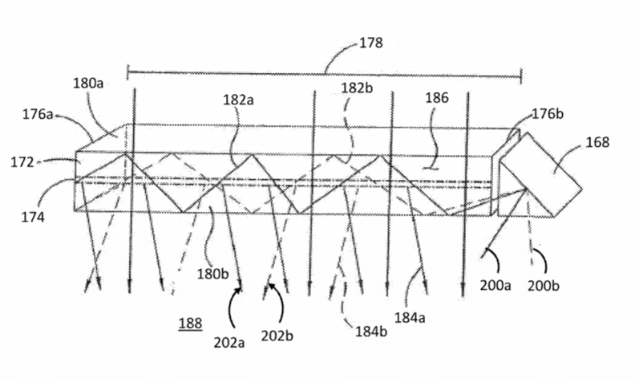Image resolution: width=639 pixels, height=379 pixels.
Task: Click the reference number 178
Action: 370,43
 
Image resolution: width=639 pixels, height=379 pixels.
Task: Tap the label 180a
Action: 88,84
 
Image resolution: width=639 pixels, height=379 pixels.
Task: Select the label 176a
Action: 38,114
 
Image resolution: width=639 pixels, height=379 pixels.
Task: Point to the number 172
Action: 22,162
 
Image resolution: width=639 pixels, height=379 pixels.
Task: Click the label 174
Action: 33,217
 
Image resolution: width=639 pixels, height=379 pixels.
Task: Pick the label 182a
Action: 238,100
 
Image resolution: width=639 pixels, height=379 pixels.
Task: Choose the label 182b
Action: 357,88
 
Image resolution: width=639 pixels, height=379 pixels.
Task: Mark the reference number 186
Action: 437,98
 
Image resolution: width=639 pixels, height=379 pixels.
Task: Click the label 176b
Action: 548,114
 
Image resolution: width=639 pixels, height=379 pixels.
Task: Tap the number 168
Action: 597,142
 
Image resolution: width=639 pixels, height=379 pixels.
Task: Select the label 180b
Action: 212,274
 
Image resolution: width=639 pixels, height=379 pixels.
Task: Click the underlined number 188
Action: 190,324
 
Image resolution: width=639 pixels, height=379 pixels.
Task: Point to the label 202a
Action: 229,343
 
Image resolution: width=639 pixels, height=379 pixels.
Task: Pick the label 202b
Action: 277,336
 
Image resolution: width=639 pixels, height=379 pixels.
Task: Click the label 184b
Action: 371,332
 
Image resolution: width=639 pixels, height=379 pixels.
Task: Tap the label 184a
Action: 410,317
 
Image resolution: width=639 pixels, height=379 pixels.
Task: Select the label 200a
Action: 495,286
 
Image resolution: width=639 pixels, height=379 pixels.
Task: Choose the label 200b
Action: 544,286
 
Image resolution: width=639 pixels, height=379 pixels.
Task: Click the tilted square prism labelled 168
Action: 540,175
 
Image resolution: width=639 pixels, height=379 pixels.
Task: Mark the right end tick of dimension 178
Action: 521,75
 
